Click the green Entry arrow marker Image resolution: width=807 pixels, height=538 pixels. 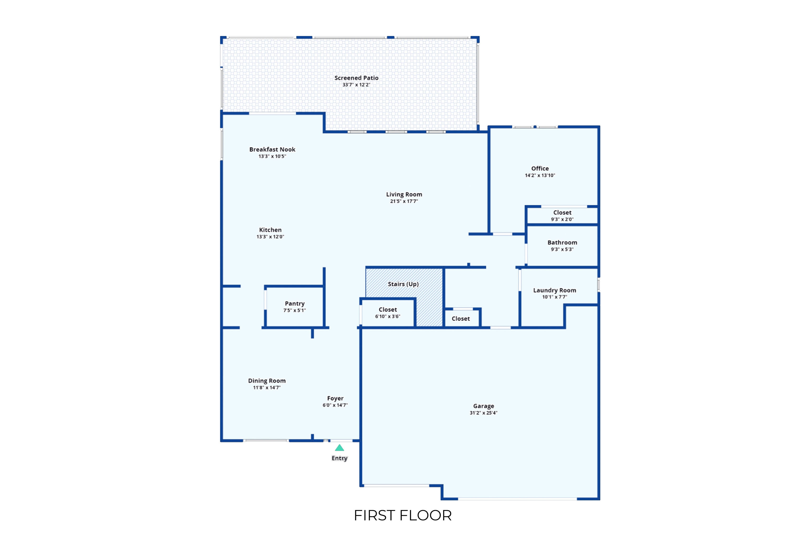coord(339,447)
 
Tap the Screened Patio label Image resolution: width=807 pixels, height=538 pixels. coord(356,78)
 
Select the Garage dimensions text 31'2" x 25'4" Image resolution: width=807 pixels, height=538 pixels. coord(483,413)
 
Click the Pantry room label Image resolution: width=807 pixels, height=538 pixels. coord(295,304)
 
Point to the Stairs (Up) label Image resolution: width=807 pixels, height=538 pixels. coord(403,284)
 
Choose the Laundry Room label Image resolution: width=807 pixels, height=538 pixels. coord(555,290)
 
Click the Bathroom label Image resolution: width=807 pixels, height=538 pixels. coord(562,242)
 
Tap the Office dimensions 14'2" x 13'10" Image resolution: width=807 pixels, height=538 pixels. coord(540,175)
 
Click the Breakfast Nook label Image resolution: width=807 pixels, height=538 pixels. coord(272,149)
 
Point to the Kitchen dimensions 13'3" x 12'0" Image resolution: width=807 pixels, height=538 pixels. coord(270,237)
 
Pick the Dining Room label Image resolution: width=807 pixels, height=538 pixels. coord(267,381)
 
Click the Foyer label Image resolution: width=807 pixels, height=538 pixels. coord(335,398)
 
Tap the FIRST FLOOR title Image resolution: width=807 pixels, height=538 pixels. coord(403,515)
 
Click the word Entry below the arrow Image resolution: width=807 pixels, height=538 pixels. coord(339,458)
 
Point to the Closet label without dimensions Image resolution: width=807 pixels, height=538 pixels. coord(461,319)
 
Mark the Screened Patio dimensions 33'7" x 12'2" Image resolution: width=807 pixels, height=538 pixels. coord(356,85)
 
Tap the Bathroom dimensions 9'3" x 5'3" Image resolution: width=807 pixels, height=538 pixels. coord(562,250)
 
